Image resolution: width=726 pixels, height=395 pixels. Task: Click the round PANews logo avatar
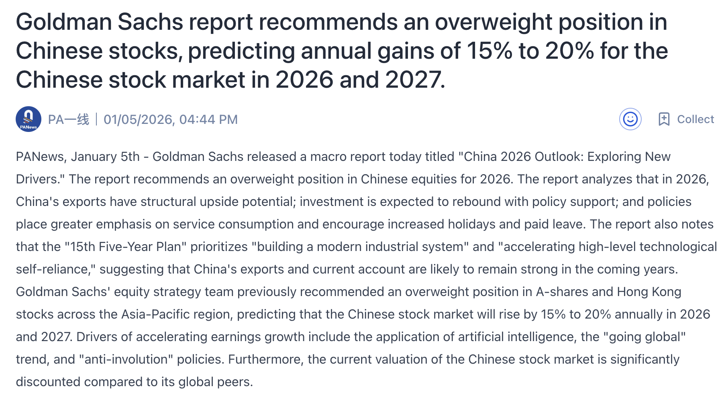28,119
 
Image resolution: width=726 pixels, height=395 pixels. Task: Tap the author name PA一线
68,119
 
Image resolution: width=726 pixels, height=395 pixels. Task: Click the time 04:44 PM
208,119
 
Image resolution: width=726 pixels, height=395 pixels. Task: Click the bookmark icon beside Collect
664,119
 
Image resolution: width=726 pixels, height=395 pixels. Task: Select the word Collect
695,119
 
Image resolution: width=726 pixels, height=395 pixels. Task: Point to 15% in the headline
489,51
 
